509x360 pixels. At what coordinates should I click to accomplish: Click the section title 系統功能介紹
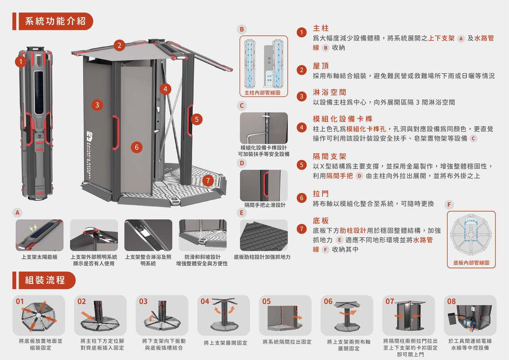[x=55, y=21]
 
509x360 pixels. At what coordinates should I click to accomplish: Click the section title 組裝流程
[x=45, y=280]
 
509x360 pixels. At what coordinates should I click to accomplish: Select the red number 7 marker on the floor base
[x=208, y=180]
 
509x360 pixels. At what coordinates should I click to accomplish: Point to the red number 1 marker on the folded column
[x=20, y=62]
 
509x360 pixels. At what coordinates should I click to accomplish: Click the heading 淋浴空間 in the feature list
[x=330, y=92]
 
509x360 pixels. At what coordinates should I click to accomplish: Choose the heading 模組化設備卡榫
[x=343, y=119]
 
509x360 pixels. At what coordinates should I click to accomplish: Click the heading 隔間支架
[x=330, y=156]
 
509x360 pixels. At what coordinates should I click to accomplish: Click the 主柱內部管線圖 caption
[x=262, y=93]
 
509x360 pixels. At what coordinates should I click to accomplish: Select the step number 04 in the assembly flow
[x=205, y=301]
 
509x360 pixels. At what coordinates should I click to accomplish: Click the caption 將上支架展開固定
[x=226, y=343]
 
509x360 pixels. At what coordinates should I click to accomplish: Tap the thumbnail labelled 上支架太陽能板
[x=40, y=235]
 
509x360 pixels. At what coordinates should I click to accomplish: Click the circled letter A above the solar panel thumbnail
[x=17, y=213]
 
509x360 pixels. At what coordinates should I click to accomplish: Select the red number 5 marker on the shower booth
[x=196, y=118]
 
